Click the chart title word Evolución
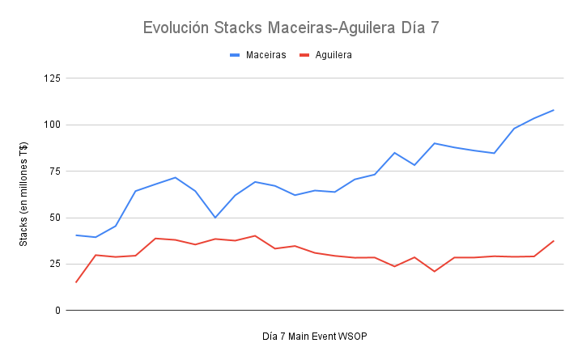(175, 28)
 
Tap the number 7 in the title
(433, 28)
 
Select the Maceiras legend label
(266, 55)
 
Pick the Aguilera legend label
(333, 55)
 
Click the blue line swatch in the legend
(236, 55)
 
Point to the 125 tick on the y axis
(53, 78)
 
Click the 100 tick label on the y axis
(53, 125)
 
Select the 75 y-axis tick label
(55, 172)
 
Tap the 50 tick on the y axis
(55, 218)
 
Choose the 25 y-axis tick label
(55, 265)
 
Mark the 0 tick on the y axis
(57, 311)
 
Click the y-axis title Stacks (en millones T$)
(23, 194)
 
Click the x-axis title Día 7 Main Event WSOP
(315, 336)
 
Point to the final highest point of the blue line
(554, 110)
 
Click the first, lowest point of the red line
(76, 282)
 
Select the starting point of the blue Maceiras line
(76, 235)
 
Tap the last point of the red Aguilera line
(554, 241)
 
